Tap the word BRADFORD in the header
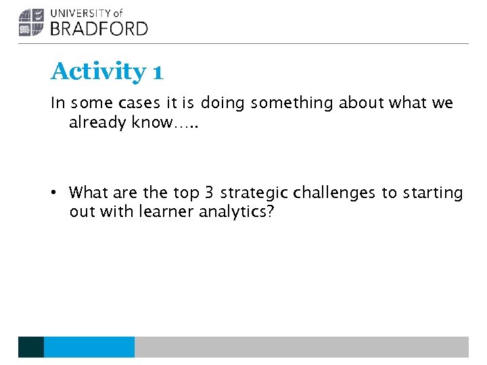tap(99, 28)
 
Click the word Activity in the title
tap(98, 71)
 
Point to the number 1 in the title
tap(158, 72)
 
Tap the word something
tap(292, 103)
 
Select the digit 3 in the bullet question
tap(208, 193)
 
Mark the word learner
tap(166, 212)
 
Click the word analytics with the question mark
tap(237, 212)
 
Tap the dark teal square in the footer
tap(31, 347)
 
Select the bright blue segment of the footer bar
tap(89, 347)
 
